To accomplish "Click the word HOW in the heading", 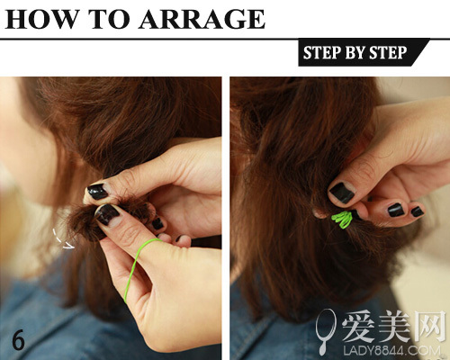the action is pos(42,19).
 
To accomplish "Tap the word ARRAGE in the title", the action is pos(202,19).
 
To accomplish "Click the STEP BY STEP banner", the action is pos(364,52).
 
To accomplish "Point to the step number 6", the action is pos(18,339).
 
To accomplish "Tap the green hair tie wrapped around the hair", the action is pos(342,220).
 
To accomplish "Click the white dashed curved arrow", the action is pos(61,241).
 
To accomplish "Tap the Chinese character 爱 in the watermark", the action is pos(358,326).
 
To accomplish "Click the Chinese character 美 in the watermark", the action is pos(393,326).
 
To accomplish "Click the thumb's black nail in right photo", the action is pos(342,193).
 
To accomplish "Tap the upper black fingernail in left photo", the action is pos(97,192).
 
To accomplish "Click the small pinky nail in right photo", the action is pos(418,211).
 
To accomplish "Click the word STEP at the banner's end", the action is pos(388,52).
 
